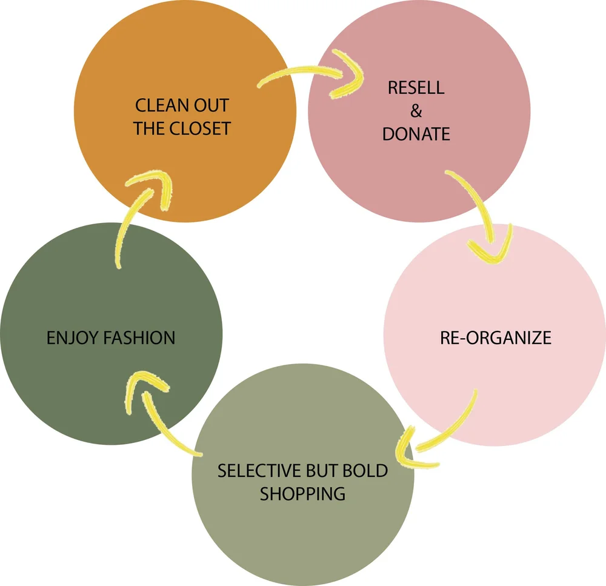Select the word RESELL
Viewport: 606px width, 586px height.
pyautogui.click(x=416, y=87)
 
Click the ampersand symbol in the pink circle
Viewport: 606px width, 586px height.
pyautogui.click(x=416, y=111)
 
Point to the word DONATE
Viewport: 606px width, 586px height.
pyautogui.click(x=416, y=134)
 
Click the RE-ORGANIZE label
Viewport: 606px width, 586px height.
pyautogui.click(x=496, y=338)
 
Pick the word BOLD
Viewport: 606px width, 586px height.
pyautogui.click(x=366, y=470)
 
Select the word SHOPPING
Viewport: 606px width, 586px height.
pyautogui.click(x=303, y=493)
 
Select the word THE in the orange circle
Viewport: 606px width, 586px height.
pyautogui.click(x=148, y=128)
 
